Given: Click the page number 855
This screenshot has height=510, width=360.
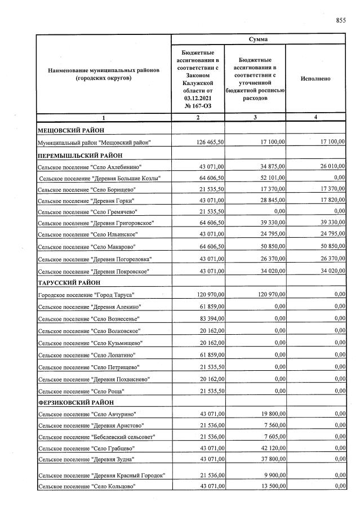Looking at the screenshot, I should pyautogui.click(x=340, y=21).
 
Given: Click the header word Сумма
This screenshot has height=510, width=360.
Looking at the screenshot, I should pyautogui.click(x=258, y=39).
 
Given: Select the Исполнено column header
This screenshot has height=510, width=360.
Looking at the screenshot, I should pyautogui.click(x=315, y=79).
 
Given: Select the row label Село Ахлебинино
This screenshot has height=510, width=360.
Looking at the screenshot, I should pyautogui.click(x=90, y=167).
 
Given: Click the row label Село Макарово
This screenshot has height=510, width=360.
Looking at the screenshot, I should pyautogui.click(x=88, y=247).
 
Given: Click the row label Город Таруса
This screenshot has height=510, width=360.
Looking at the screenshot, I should pyautogui.click(x=86, y=295).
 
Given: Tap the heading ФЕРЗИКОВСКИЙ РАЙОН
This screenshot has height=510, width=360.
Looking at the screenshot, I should pyautogui.click(x=75, y=402).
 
